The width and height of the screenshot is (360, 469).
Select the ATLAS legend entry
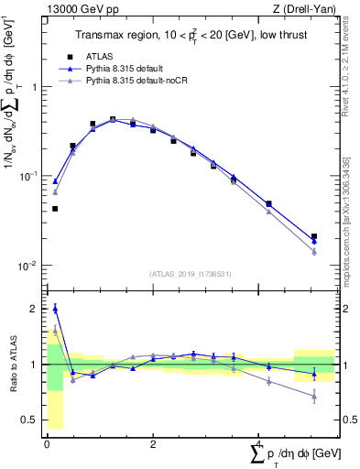pyautogui.click(x=110, y=56)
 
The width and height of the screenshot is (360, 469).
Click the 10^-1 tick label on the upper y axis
pyautogui.click(x=32, y=175)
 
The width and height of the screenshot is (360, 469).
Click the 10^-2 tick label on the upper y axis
pyautogui.click(x=32, y=265)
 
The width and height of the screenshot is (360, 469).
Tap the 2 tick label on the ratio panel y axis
pyautogui.click(x=37, y=309)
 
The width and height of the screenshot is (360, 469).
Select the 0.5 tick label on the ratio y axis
pyautogui.click(x=32, y=420)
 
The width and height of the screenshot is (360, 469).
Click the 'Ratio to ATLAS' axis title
pyautogui.click(x=12, y=364)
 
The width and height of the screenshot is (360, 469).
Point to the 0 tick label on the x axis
pyautogui.click(x=46, y=443)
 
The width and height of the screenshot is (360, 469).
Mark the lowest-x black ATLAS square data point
pyautogui.click(x=55, y=209)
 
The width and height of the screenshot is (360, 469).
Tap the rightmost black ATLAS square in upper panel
pyautogui.click(x=314, y=236)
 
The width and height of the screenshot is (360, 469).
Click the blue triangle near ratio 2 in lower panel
pyautogui.click(x=55, y=309)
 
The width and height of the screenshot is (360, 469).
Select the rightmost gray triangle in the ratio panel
pyautogui.click(x=314, y=397)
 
